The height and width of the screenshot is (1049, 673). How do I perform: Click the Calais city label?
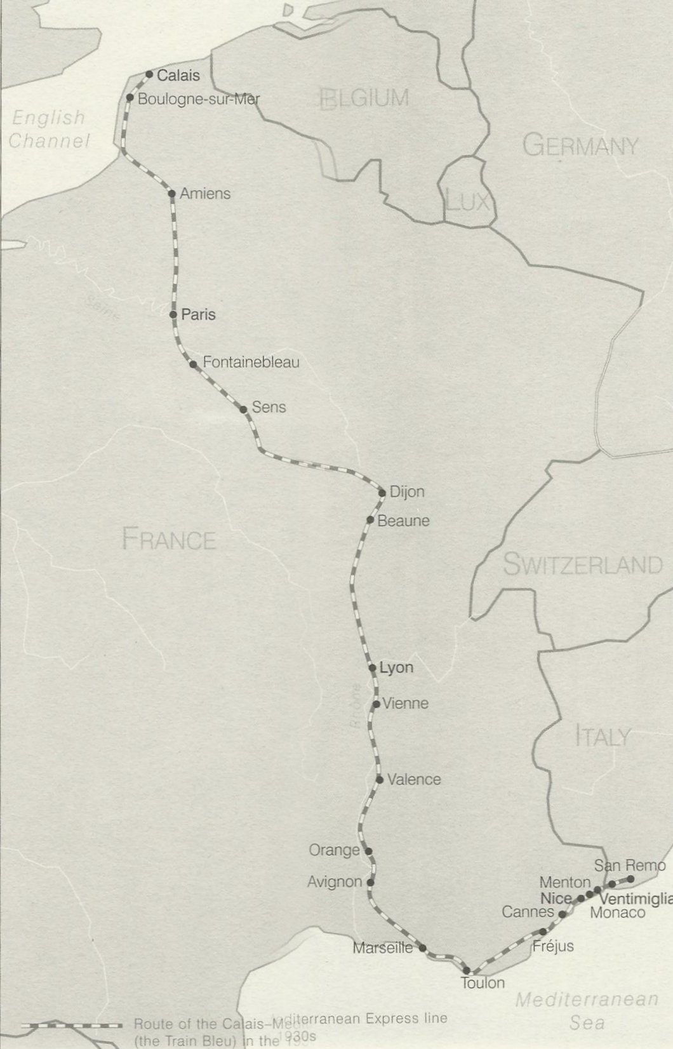(178, 76)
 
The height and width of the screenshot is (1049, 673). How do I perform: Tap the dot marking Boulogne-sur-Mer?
(130, 98)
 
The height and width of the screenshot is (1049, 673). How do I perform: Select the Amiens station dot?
(171, 194)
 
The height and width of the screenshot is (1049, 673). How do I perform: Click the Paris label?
(198, 314)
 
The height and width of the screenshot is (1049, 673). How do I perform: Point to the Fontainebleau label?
(250, 363)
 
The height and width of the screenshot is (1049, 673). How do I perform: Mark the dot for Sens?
(243, 410)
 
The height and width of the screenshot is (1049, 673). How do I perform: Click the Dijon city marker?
(382, 493)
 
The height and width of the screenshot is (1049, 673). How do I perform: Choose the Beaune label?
(403, 521)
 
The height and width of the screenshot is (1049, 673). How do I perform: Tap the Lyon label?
(396, 667)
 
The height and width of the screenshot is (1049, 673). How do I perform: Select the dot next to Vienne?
(376, 704)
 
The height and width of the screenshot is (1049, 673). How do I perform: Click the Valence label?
(413, 779)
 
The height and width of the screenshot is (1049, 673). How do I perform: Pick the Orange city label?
(334, 850)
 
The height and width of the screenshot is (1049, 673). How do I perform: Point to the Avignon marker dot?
(371, 882)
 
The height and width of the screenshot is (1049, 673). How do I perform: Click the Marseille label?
(383, 948)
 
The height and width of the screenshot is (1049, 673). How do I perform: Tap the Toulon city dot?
(467, 970)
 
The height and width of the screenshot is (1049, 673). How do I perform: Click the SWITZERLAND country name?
(582, 565)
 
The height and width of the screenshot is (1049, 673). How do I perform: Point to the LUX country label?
(467, 202)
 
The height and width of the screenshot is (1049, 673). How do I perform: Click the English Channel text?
(48, 129)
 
